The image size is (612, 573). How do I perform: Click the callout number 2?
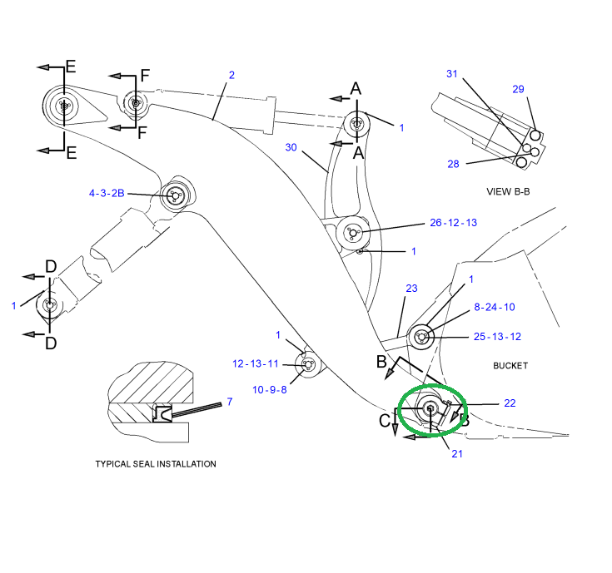click(231, 75)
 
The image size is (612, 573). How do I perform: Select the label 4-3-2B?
click(107, 194)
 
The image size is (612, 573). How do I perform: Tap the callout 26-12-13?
click(453, 223)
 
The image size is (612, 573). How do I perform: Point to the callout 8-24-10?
click(495, 307)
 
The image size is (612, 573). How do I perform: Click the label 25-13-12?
click(497, 337)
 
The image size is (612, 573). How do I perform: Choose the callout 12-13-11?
click(256, 363)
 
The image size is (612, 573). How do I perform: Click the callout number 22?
click(510, 403)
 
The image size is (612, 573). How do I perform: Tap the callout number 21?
click(457, 453)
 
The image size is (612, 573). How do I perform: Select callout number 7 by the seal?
click(230, 402)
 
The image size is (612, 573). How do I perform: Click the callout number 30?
click(291, 147)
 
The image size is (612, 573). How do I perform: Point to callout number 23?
click(410, 289)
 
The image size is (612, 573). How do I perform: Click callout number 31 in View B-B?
click(452, 74)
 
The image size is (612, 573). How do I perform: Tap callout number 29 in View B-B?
click(518, 89)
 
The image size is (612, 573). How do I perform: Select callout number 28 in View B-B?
click(453, 164)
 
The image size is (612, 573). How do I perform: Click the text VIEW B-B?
click(508, 191)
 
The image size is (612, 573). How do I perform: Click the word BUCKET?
click(510, 365)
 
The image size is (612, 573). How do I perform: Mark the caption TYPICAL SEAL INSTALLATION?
click(156, 464)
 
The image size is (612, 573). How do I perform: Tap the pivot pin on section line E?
click(64, 106)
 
